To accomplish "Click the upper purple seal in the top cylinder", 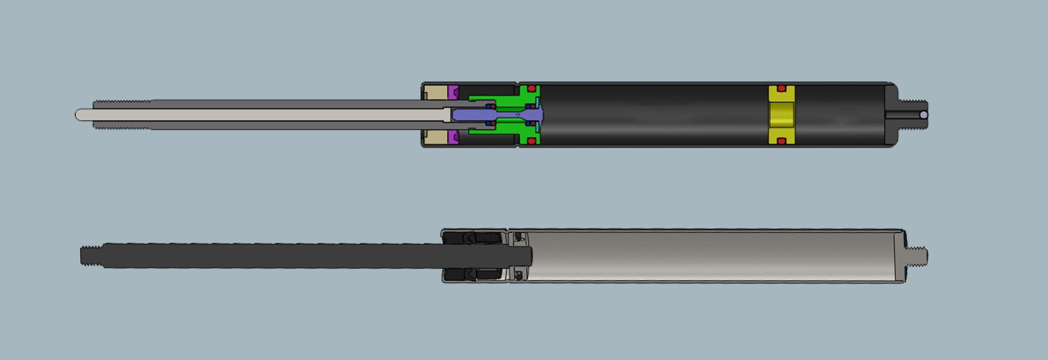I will tap(453, 92).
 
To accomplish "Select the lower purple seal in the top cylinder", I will tap(453, 138).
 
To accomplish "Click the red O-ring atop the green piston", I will tap(531, 88).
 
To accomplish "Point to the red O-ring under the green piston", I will tap(531, 141).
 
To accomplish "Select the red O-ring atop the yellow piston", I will tap(781, 88).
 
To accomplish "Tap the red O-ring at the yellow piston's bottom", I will tap(781, 141).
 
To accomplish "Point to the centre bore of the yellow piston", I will tap(781, 115).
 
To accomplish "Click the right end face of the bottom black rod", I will tap(531, 256).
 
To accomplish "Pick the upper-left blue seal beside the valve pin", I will tap(488, 106).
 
